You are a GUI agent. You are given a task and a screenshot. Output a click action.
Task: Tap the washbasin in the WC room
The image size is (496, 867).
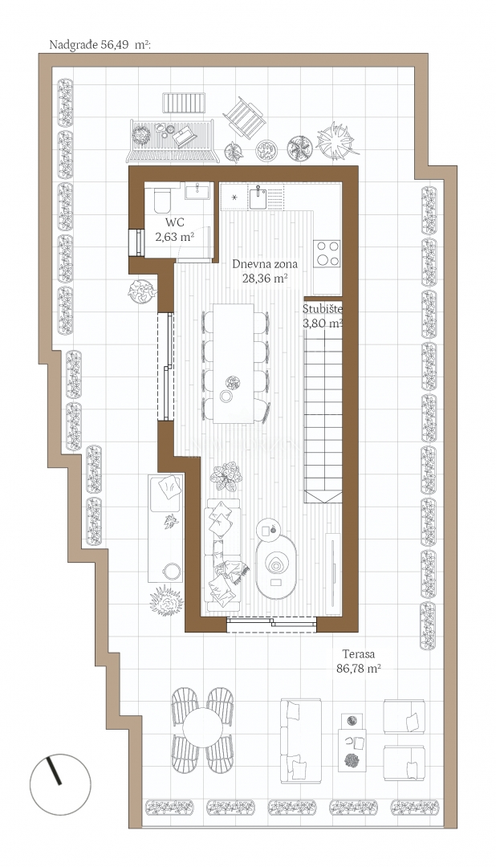tap(197, 192)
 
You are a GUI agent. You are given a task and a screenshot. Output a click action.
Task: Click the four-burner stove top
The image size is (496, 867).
tap(326, 254)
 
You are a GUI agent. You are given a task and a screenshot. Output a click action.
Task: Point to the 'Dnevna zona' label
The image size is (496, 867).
tap(265, 264)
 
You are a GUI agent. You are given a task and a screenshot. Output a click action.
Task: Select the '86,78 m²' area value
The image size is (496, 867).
tap(358, 668)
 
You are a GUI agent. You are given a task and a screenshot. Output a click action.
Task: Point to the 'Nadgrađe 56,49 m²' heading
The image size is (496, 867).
tap(100, 45)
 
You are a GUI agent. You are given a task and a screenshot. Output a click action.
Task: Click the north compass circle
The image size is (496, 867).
tap(60, 784)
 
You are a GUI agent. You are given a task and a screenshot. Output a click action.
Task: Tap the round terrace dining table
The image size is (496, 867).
tap(202, 728)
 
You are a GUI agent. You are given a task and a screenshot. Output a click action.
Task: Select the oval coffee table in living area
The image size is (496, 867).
tap(276, 567)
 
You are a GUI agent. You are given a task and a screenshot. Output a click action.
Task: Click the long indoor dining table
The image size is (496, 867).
tap(234, 364)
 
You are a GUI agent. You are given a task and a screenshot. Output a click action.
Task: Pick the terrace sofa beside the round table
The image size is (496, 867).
tap(301, 740)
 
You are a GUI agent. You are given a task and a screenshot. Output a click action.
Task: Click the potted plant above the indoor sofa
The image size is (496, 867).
tap(226, 476)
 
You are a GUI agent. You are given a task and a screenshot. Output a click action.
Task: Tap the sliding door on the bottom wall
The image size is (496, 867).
tap(271, 625)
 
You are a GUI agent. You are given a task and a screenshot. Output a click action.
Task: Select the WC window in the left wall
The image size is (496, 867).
tap(136, 242)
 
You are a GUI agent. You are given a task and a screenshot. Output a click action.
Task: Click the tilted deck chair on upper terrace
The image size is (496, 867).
tap(245, 116)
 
